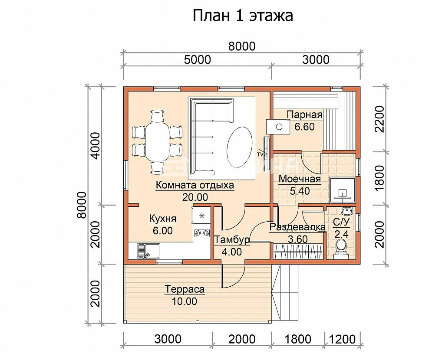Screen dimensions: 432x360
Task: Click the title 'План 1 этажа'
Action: tap(242, 16)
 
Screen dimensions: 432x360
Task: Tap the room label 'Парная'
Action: tap(304, 115)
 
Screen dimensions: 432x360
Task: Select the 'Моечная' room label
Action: tap(300, 179)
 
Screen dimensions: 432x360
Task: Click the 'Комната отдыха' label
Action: tap(195, 186)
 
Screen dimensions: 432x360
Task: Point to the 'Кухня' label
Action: tap(162, 219)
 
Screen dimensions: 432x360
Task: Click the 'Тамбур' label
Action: tap(232, 240)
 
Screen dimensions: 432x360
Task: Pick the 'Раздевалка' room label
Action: tap(297, 227)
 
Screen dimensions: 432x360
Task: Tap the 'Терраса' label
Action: tap(185, 290)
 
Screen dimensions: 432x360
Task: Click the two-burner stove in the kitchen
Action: tap(202, 233)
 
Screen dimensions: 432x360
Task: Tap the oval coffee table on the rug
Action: tap(239, 147)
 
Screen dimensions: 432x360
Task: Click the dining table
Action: tap(156, 142)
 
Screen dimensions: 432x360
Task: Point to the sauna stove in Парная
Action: tap(278, 127)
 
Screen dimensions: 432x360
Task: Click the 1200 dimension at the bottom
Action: tap(343, 339)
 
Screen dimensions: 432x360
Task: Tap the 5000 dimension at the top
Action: tap(197, 60)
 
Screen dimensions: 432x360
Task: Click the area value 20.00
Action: tap(195, 197)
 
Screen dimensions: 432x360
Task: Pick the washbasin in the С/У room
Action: tap(346, 211)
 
